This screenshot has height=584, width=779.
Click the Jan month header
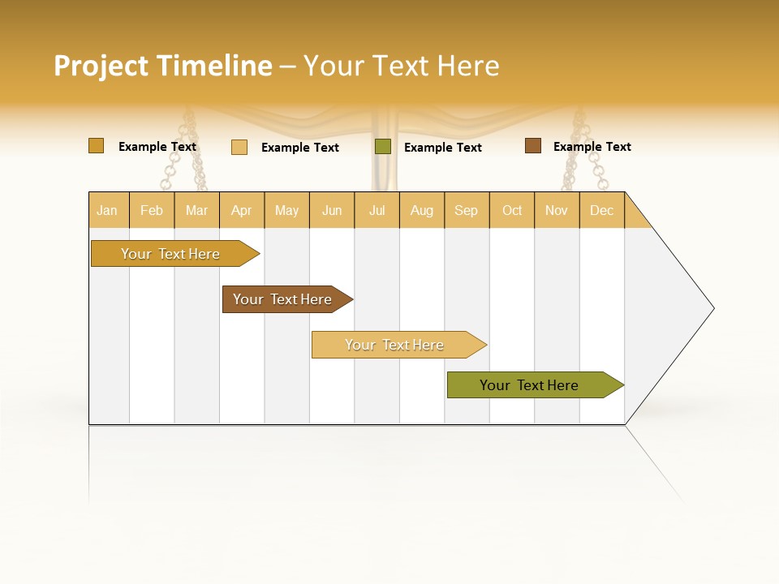coord(107,210)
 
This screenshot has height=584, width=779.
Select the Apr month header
coord(241,210)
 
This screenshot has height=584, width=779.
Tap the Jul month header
coord(377,210)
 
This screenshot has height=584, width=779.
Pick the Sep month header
coord(466,210)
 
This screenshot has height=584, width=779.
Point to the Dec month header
coord(601,210)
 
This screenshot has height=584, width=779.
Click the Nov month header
coord(556,210)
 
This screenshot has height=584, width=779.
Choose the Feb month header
coord(152,210)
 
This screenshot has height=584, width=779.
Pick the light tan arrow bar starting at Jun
coord(395,345)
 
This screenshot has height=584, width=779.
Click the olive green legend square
coord(383,147)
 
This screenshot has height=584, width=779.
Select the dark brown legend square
coord(532,146)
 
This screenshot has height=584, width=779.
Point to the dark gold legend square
coord(96,146)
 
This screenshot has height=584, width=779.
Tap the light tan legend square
coord(239,147)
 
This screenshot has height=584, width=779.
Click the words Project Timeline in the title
coord(162,66)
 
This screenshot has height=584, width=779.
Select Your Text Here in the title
coord(401,66)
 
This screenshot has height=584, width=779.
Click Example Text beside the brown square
coord(592,147)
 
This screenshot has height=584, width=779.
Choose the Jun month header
coord(332,210)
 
